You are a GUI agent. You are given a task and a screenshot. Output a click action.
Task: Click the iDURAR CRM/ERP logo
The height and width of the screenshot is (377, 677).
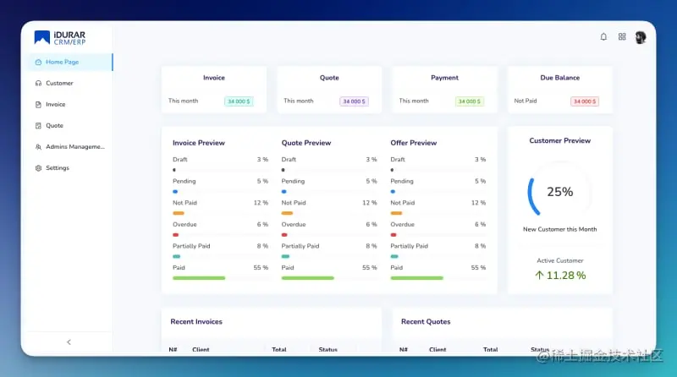pyautogui.click(x=59, y=38)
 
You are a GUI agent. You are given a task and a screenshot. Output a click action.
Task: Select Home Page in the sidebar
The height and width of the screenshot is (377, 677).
pyautogui.click(x=62, y=62)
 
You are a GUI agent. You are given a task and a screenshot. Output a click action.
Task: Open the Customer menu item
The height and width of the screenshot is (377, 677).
pyautogui.click(x=59, y=83)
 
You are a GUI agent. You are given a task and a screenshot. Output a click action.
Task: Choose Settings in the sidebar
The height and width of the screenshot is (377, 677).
pyautogui.click(x=58, y=168)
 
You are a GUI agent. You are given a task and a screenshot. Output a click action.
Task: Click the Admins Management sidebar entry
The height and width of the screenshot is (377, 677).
pyautogui.click(x=74, y=147)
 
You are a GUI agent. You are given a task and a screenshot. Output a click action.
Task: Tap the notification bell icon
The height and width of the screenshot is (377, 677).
pyautogui.click(x=603, y=37)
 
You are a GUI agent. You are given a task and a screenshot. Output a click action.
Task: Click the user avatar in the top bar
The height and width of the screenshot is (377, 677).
pyautogui.click(x=641, y=37)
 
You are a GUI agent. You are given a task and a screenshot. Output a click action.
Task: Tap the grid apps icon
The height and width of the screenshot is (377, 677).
pyautogui.click(x=622, y=37)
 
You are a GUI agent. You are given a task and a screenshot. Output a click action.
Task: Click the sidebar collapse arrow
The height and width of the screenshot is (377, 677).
pyautogui.click(x=69, y=342)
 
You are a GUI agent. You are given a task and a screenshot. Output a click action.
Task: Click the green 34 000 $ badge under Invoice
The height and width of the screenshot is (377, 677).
pyautogui.click(x=239, y=101)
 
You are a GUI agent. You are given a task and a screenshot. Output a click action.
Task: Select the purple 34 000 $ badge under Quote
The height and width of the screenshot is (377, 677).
pyautogui.click(x=354, y=101)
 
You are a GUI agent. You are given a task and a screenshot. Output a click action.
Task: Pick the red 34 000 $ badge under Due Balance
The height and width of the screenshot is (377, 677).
pyautogui.click(x=585, y=101)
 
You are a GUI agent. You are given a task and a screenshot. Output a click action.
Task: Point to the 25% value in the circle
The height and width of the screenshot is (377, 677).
pyautogui.click(x=559, y=192)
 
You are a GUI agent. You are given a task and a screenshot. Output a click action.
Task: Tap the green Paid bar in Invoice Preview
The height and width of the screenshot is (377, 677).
pyautogui.click(x=199, y=277)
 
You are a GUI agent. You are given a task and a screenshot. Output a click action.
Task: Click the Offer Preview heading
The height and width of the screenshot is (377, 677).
pyautogui.click(x=413, y=143)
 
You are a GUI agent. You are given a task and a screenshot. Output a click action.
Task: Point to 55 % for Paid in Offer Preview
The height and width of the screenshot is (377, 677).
pyautogui.click(x=478, y=267)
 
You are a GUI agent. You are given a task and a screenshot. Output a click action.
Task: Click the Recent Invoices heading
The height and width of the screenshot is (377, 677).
pyautogui.click(x=196, y=321)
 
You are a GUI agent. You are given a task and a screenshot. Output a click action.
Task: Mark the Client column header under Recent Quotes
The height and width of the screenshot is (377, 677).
pyautogui.click(x=438, y=349)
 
